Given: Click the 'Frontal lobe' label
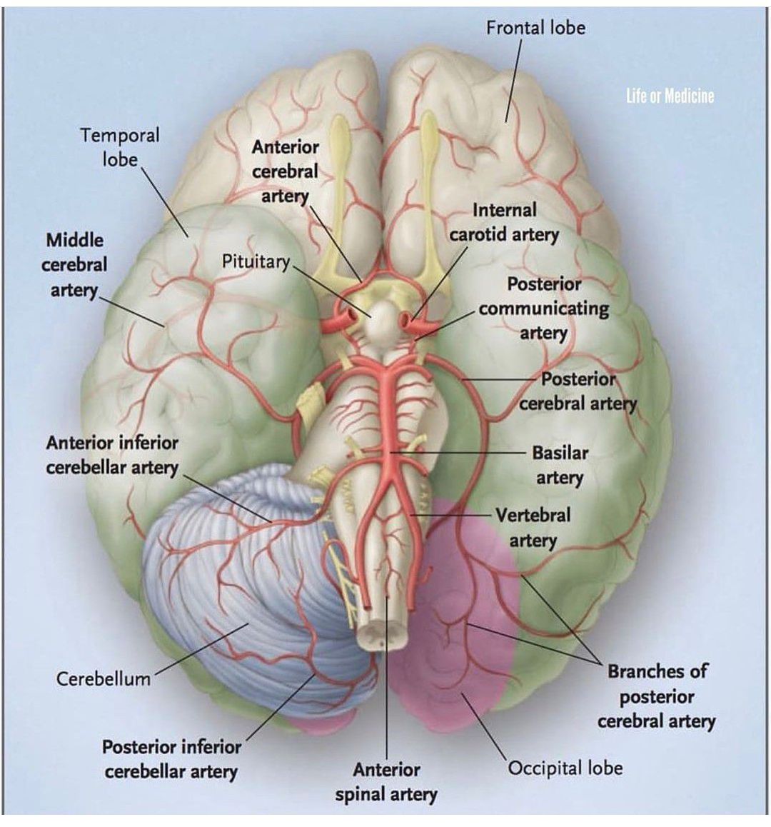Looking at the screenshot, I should pos(535,28).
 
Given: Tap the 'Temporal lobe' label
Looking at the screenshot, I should pos(119,146).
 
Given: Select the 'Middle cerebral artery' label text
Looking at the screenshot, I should pos(74,265).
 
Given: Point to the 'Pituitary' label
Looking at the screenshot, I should pos(255,261).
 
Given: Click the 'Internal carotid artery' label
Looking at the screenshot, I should pos(504,222).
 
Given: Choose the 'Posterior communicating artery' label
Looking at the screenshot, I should pos(544,309).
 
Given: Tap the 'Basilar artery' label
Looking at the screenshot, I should pos(560,465).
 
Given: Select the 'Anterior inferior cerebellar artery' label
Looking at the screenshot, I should pos(112,455).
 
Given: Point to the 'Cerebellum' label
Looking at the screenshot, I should pos(104,678).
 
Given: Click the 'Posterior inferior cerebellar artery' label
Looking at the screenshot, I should pos(171,759).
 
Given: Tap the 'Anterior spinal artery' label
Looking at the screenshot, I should pos(386,781).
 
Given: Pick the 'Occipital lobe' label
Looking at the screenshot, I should pos(565,768).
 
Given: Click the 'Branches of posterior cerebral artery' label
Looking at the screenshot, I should pos(656,696).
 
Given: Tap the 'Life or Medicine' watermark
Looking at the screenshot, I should pos(670,96).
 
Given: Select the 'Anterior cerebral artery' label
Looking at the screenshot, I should pos(285,171).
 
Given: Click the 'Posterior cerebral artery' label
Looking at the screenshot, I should pos(578,391).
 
